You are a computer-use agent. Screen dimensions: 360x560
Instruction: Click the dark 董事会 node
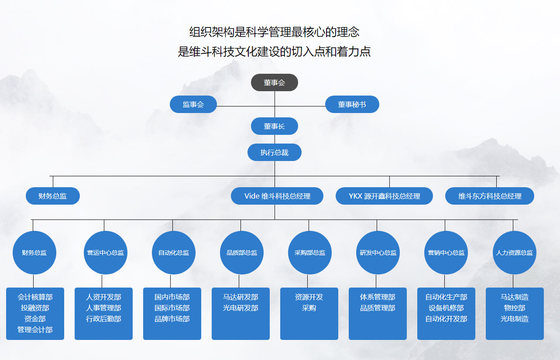274,82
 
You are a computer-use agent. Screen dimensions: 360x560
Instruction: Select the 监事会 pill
193,104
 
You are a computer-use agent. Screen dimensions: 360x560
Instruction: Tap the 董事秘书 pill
352,104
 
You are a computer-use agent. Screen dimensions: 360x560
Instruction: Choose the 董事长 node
274,126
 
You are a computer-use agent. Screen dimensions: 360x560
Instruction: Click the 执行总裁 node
274,152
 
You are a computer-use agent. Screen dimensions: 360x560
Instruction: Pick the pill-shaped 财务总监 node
53,196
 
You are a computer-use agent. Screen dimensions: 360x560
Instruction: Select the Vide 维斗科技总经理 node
277,196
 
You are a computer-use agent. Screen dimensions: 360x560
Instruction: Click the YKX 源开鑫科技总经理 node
384,196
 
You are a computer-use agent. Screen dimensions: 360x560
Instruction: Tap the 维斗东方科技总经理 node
490,196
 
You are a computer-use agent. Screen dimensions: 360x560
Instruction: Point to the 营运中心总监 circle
105,253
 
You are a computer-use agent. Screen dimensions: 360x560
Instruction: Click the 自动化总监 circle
173,253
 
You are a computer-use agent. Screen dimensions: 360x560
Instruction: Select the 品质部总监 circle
241,253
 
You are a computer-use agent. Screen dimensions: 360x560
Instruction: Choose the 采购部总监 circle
309,253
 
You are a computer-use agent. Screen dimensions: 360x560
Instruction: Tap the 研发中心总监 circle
378,253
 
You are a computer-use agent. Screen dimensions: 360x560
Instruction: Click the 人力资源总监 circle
514,253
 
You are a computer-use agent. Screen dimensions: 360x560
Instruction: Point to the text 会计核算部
35,297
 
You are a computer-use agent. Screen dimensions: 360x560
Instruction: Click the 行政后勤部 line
103,319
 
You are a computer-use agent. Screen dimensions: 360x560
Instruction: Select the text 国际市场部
172,308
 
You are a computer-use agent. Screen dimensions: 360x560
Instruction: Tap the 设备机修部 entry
446,308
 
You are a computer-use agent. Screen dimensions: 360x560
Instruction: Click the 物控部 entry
515,308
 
